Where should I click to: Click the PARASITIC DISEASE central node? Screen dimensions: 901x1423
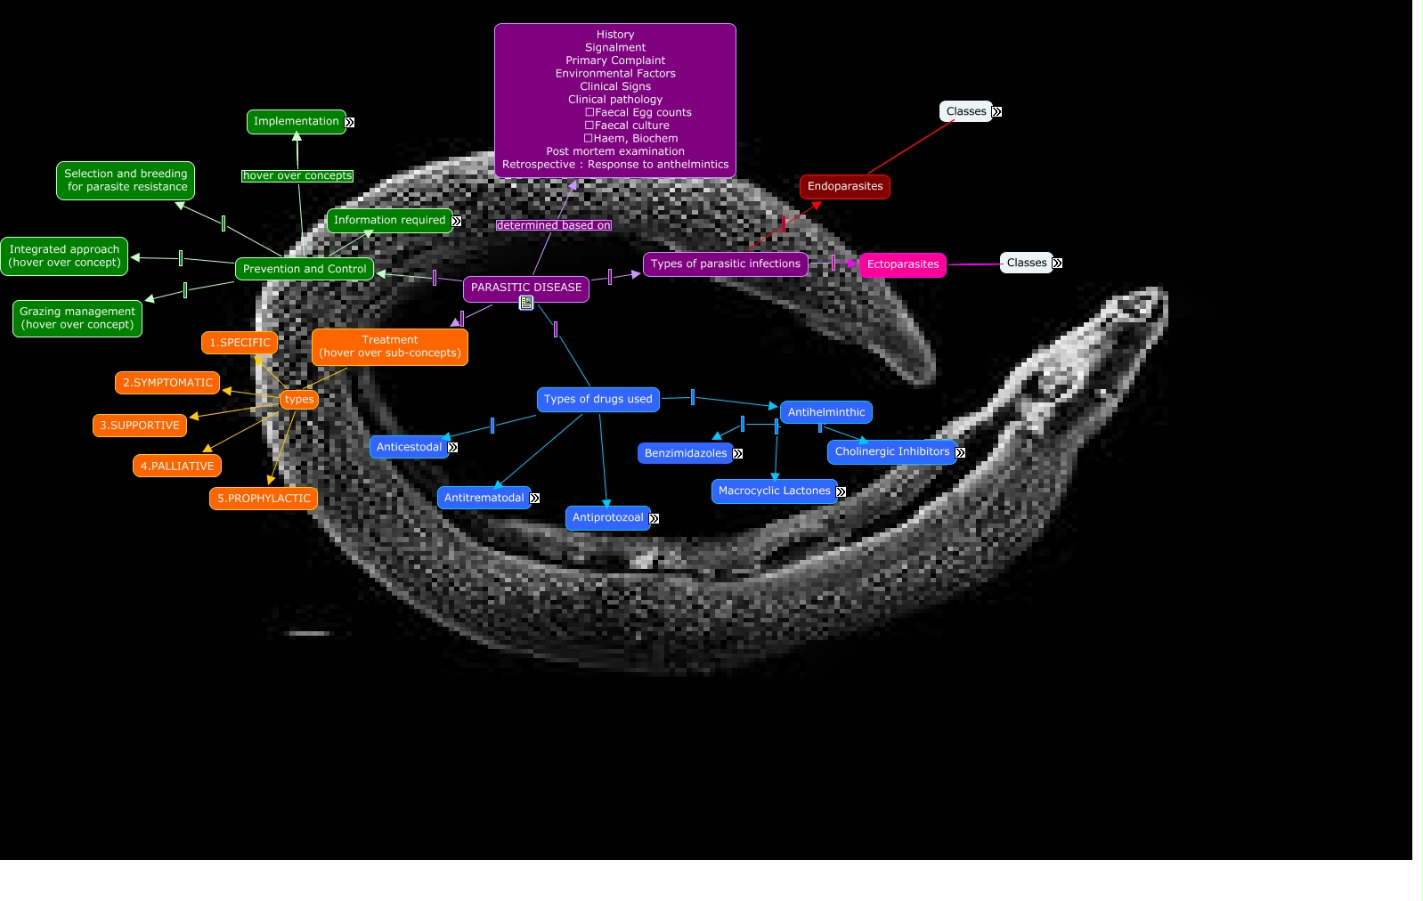point(525,288)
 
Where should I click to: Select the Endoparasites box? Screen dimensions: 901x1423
point(844,186)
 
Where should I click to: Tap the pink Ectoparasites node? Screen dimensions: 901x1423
point(902,264)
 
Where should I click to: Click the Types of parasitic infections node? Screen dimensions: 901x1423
point(725,264)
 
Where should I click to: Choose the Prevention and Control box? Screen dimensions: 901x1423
point(304,269)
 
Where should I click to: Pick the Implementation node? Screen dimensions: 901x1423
point(296,122)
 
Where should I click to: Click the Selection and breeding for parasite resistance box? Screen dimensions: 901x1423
point(126,181)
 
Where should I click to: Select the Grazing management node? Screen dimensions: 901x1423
point(77,318)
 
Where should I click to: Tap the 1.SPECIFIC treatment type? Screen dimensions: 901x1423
point(240,343)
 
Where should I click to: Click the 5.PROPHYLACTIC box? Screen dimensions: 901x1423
point(264,499)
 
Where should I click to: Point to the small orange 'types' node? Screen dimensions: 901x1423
point(299,400)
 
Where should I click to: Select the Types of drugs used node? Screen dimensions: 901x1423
point(598,400)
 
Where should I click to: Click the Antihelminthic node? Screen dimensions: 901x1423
point(825,412)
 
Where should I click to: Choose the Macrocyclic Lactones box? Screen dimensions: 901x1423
point(774,491)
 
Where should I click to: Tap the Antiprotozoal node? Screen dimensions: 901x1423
point(607,517)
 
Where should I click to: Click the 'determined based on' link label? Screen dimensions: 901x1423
point(553,225)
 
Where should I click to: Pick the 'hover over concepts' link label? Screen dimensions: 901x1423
point(297,176)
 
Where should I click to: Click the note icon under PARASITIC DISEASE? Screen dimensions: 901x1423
point(526,304)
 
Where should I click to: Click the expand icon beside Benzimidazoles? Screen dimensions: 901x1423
point(737,454)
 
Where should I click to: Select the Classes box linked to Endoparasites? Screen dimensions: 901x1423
point(965,111)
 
